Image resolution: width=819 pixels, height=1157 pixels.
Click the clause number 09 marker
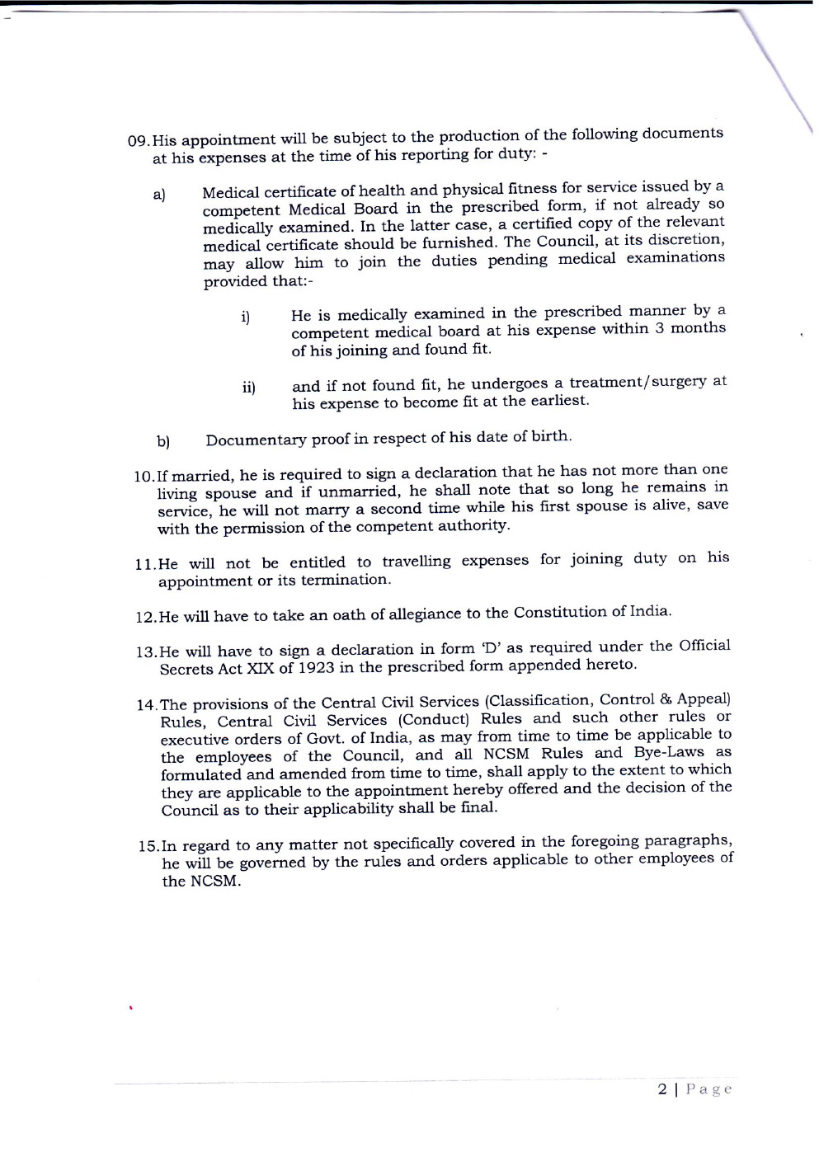pos(139,141)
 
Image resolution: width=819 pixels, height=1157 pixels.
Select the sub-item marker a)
pos(159,195)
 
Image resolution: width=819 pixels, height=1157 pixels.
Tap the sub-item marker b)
pos(163,441)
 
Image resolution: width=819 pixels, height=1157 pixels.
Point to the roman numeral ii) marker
pos(249,388)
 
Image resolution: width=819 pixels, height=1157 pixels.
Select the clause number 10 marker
pos(144,477)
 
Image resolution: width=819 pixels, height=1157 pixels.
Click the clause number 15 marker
pos(148,847)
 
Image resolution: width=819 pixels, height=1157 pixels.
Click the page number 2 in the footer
pos(662,1089)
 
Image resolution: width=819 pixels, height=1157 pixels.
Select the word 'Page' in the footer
pos(708,1089)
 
